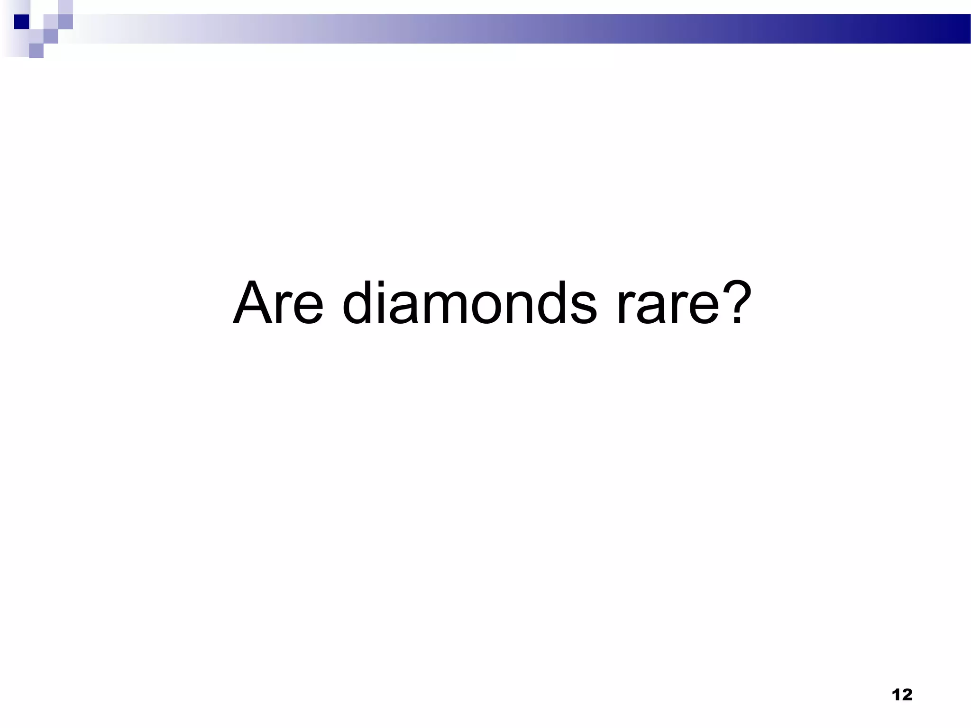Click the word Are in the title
278,303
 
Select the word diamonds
469,303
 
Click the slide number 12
902,695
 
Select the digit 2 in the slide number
906,695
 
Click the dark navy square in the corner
21,22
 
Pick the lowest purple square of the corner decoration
36,50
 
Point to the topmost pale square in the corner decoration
65,7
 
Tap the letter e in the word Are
308,308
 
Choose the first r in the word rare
626,308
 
